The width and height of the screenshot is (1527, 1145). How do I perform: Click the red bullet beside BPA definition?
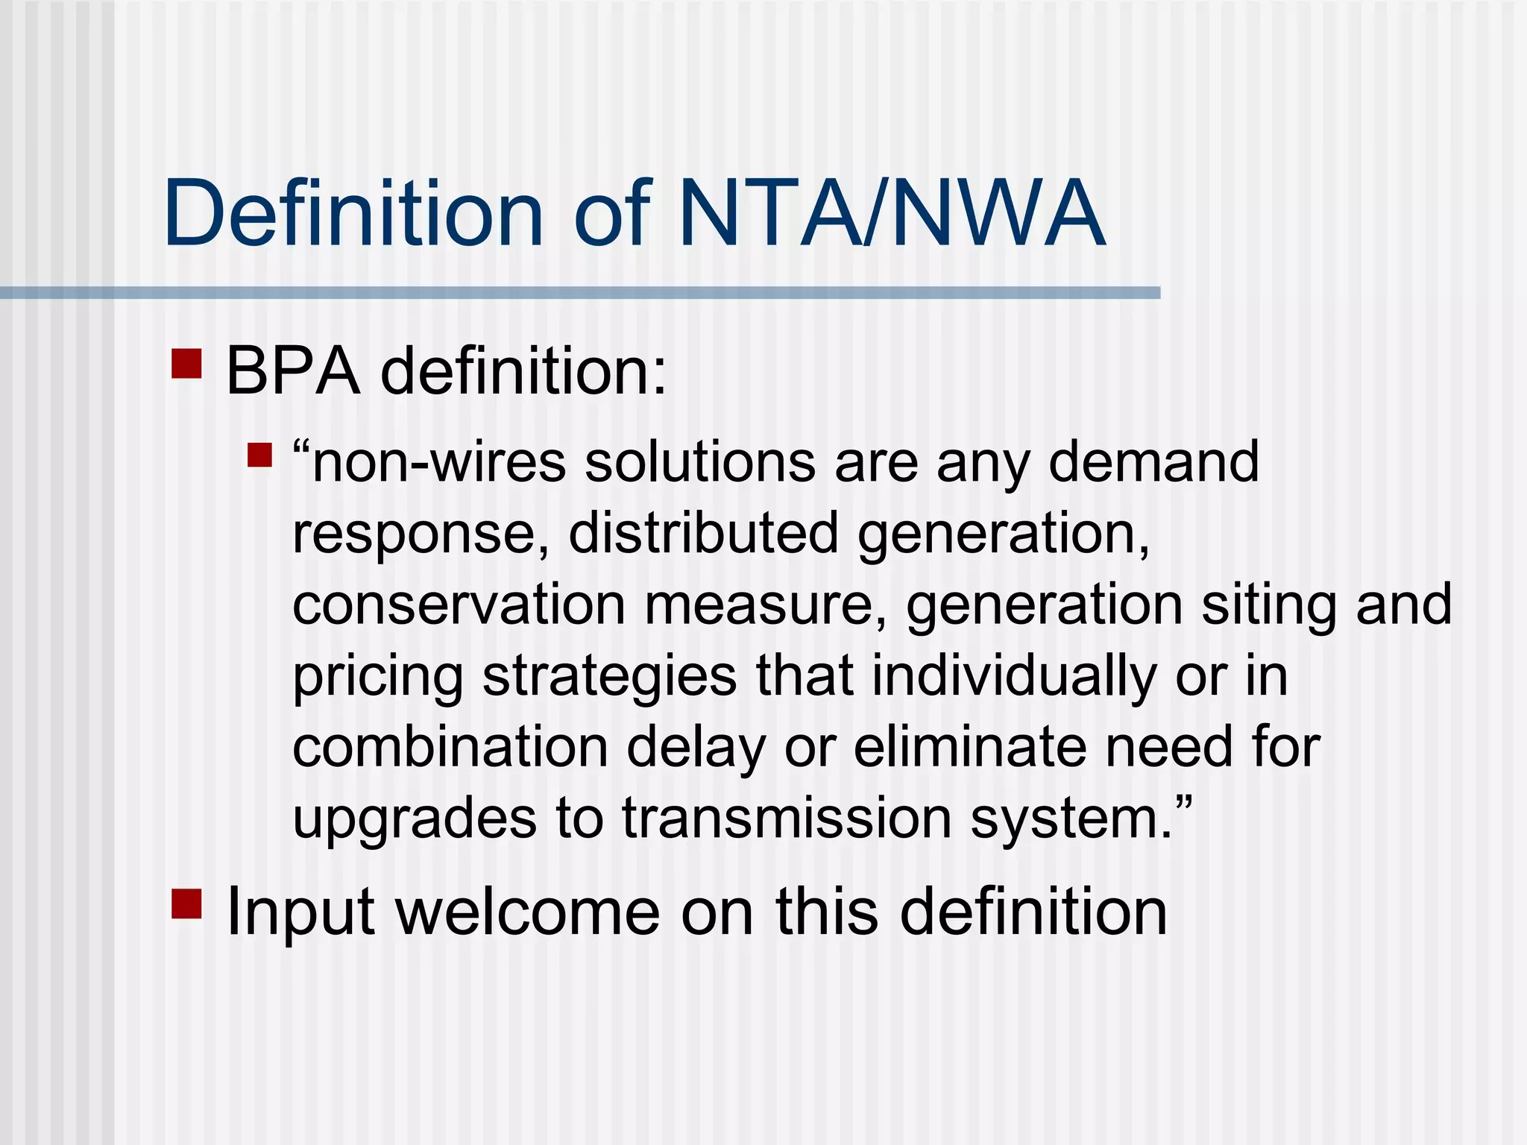186,365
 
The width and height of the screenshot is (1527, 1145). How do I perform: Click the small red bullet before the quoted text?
259,455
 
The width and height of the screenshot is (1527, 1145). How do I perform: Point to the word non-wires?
438,462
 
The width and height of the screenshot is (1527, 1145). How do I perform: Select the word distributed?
703,532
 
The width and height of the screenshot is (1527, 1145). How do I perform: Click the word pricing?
377,677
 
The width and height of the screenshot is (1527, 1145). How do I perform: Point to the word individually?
1013,675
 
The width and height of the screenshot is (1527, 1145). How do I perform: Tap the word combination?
450,747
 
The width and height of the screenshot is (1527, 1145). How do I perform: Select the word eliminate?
970,747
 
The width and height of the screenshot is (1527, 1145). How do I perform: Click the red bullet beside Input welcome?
186,903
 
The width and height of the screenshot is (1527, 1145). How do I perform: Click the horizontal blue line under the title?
580,293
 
